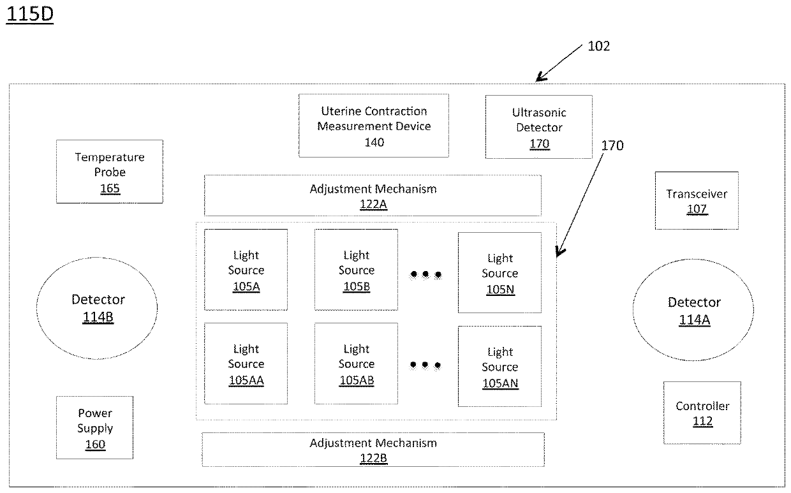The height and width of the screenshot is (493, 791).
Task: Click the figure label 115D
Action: (x=29, y=16)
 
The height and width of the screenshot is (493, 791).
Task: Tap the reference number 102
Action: (x=598, y=46)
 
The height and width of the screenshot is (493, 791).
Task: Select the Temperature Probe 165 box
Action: (x=110, y=172)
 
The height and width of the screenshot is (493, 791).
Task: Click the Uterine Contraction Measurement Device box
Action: (x=374, y=126)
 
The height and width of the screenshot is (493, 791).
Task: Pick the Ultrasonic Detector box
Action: (x=539, y=127)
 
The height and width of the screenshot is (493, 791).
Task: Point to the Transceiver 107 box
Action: (x=697, y=200)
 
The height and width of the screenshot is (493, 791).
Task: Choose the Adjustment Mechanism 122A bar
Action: (x=373, y=195)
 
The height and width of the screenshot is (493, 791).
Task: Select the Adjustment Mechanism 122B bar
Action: (x=373, y=449)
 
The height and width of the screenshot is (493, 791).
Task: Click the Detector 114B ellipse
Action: (x=97, y=307)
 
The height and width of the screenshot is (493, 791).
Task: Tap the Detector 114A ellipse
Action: (x=694, y=310)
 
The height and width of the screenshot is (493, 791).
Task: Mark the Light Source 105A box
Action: (x=246, y=270)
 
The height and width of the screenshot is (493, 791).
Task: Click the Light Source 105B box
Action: (x=356, y=270)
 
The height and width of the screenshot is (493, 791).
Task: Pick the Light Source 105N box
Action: (x=499, y=272)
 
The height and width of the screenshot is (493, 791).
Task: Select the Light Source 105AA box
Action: (x=246, y=364)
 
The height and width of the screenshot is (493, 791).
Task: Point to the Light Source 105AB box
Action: (x=356, y=364)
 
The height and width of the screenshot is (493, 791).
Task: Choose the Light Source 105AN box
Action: (x=499, y=366)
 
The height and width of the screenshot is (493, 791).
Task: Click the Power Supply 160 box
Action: (x=95, y=428)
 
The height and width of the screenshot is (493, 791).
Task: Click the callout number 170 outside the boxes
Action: (x=612, y=145)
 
